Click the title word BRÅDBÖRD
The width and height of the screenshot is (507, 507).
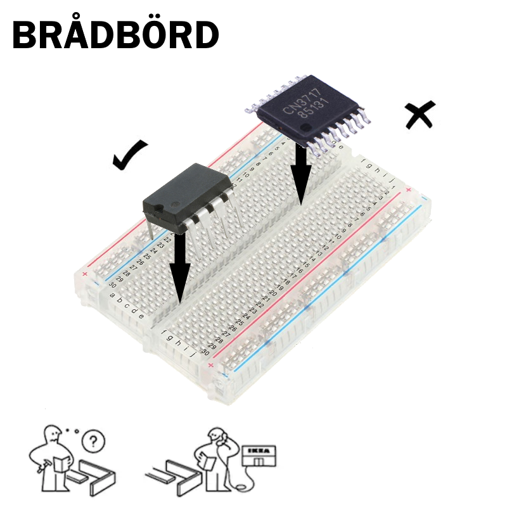(115, 34)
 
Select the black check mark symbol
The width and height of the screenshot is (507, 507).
(129, 156)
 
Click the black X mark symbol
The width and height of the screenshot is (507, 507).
(420, 114)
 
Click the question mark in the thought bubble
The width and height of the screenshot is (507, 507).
(94, 439)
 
